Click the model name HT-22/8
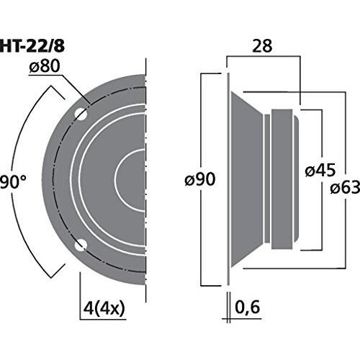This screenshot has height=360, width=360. coord(32,46)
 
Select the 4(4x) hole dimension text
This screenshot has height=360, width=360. coord(104,308)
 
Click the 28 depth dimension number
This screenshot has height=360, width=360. coord(262,46)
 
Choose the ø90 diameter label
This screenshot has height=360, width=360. coord(200,179)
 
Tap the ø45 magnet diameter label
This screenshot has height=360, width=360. coord(320,171)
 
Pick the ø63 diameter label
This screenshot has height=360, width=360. coord(345,187)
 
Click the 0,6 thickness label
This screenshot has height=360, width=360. coord(247,307)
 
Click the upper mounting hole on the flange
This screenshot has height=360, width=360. coord(81,114)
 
